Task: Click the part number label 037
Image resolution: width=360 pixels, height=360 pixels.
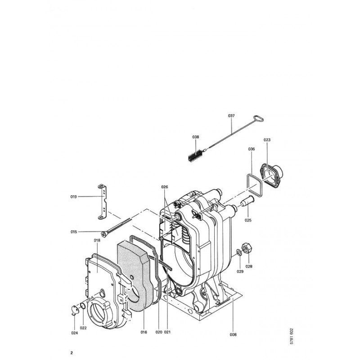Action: (231, 116)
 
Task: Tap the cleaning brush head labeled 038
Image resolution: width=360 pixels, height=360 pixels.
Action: (195, 155)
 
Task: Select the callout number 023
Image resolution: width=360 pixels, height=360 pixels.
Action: (267, 139)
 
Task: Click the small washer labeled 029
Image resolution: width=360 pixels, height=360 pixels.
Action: (239, 253)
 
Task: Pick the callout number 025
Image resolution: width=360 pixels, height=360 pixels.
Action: (248, 220)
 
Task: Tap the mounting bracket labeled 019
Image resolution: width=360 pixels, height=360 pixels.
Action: (103, 202)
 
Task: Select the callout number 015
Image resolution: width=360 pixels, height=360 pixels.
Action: (74, 232)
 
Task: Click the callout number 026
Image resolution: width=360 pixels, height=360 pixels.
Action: (165, 187)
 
